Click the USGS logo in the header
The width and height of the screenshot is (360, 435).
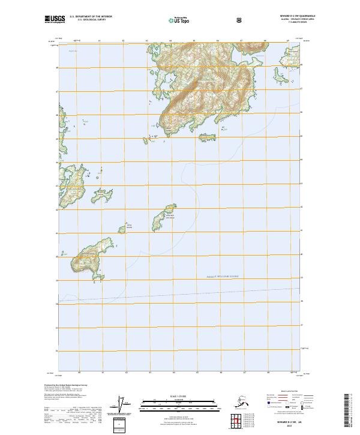coord(54,19)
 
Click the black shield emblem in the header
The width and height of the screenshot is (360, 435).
coord(238,20)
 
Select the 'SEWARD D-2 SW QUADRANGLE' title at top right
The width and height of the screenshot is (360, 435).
coord(296,16)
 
